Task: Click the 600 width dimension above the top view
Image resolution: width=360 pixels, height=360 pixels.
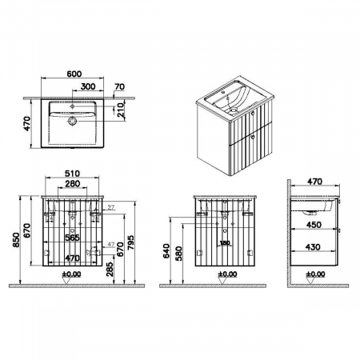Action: pos(73,74)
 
